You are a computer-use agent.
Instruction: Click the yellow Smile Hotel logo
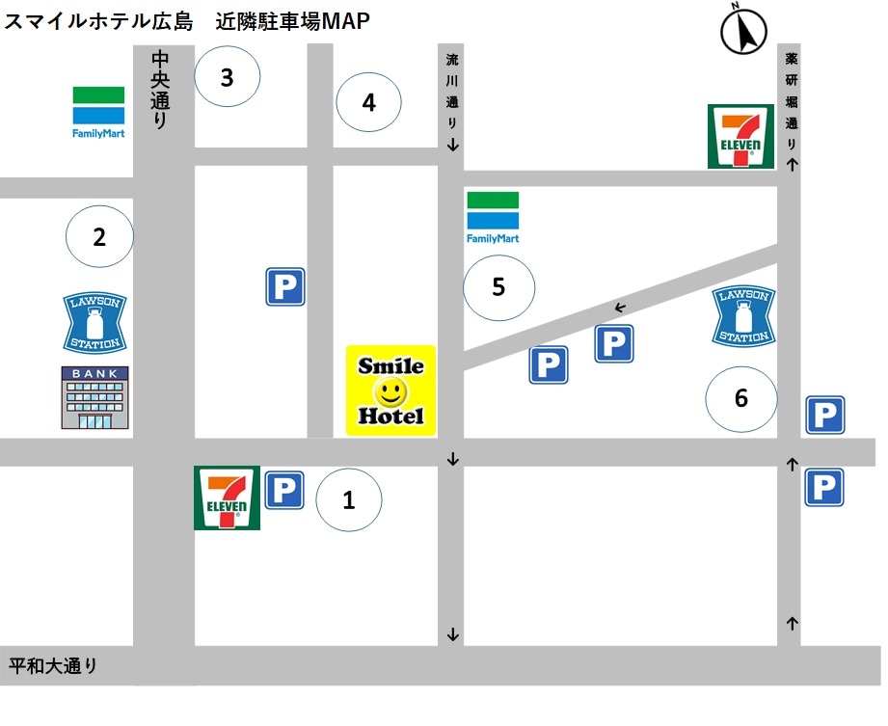[391, 390]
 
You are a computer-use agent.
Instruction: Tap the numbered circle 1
[349, 499]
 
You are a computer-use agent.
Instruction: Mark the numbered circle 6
[740, 397]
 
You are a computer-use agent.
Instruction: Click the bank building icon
[94, 397]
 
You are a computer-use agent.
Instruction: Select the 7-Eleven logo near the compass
[740, 136]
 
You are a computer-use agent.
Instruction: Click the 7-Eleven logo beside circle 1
[227, 497]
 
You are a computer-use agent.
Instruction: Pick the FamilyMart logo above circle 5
[493, 217]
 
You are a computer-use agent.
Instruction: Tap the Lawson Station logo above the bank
[94, 322]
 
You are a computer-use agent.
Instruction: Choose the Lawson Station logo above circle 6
[743, 315]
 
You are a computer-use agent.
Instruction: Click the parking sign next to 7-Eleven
[284, 490]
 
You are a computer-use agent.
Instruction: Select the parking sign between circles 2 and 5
[285, 287]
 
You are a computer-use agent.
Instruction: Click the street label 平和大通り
[54, 665]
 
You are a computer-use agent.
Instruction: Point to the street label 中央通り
[160, 91]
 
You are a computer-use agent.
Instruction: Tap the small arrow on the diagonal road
[620, 308]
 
